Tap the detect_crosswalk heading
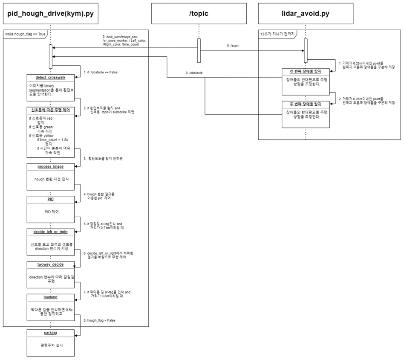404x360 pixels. tap(50, 77)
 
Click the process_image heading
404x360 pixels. tap(50, 166)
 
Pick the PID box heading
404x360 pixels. tap(50, 199)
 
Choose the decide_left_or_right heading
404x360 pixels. tap(50, 232)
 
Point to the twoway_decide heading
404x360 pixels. tap(50, 264)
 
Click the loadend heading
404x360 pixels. tap(50, 297)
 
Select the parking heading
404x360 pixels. tap(50, 333)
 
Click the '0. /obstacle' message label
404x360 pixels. tap(194, 73)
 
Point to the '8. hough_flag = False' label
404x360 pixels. tap(99, 320)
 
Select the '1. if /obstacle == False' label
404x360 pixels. tap(101, 72)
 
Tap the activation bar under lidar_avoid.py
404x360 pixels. tap(306, 50)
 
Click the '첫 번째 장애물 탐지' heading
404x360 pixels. tap(306, 71)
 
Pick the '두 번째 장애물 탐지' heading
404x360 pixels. tap(306, 104)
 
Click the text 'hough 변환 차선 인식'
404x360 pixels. tap(51, 179)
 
